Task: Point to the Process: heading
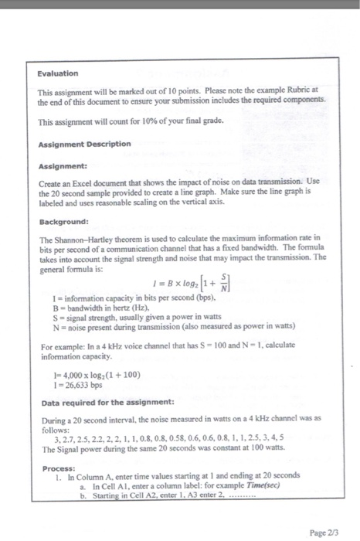tap(59, 468)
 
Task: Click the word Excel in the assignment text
tap(90, 180)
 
